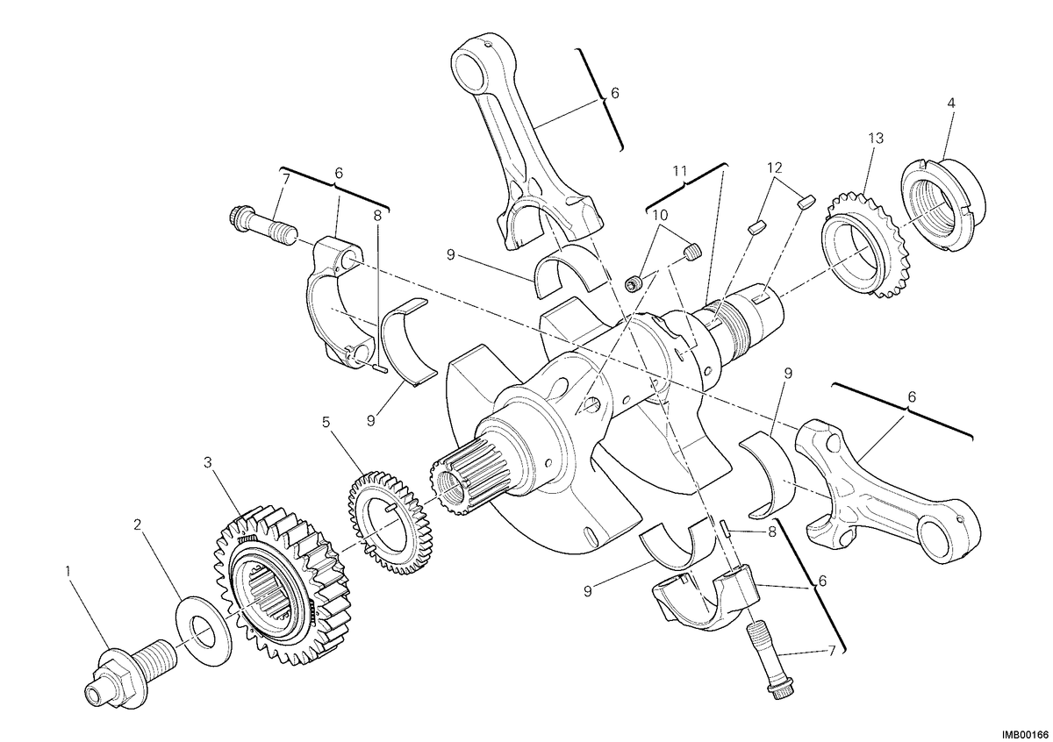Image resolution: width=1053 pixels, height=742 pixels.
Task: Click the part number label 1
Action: [x=68, y=572]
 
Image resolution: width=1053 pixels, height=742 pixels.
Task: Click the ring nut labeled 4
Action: [x=942, y=205]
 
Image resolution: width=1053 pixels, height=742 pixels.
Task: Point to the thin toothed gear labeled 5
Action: [x=390, y=523]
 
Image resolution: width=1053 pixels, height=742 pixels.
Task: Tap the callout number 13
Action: [x=876, y=139]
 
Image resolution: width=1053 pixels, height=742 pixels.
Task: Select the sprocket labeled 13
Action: [x=864, y=246]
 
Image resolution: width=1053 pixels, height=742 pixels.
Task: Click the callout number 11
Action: [x=679, y=171]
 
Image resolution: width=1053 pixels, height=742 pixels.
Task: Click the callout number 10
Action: [x=660, y=215]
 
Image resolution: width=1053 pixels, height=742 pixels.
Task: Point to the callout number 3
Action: [x=207, y=463]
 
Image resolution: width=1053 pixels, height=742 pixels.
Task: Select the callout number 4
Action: [x=951, y=103]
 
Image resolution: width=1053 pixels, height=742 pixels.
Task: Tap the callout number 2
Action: [x=137, y=524]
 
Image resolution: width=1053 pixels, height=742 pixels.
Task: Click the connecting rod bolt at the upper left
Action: [x=262, y=226]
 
